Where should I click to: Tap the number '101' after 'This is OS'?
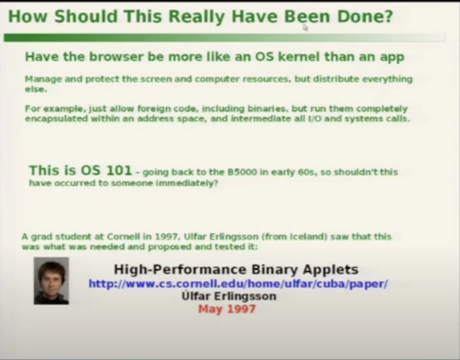tap(119, 170)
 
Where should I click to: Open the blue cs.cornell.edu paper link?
tap(238, 284)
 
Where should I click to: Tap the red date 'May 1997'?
tap(227, 309)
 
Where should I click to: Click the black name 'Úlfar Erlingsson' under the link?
tap(229, 296)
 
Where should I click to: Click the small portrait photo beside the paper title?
tap(51, 281)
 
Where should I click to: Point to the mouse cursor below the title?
tap(305, 28)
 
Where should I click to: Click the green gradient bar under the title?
tap(224, 38)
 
